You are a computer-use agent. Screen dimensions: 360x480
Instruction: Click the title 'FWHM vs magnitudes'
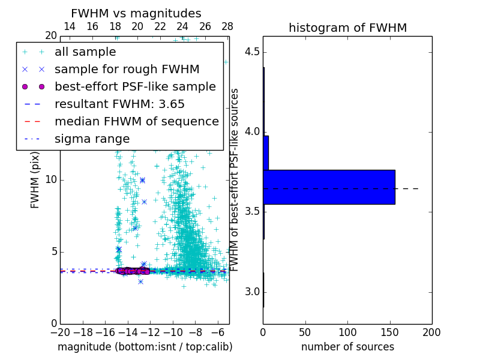coord(136,13)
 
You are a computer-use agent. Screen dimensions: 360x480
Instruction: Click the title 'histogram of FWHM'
coord(347,28)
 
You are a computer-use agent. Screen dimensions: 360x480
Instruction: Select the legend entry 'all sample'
coord(85,52)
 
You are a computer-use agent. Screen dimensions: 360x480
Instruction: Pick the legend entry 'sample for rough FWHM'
coord(127,70)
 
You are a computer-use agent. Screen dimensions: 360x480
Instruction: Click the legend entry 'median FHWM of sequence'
coord(136,122)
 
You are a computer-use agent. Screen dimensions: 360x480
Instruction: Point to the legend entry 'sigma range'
coord(92,139)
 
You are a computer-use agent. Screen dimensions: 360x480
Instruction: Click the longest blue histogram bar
coord(329,187)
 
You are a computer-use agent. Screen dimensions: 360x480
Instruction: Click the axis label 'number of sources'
coord(347,347)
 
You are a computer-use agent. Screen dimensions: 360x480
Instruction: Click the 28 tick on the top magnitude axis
coord(227,26)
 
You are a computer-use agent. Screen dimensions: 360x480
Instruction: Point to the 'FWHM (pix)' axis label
coord(35,179)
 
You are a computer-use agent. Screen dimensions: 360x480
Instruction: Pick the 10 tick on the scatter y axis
coord(50,180)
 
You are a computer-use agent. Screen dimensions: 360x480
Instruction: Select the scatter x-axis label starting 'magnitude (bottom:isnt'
coord(145,347)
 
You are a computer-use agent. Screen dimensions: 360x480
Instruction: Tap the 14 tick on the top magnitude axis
coord(70,26)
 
